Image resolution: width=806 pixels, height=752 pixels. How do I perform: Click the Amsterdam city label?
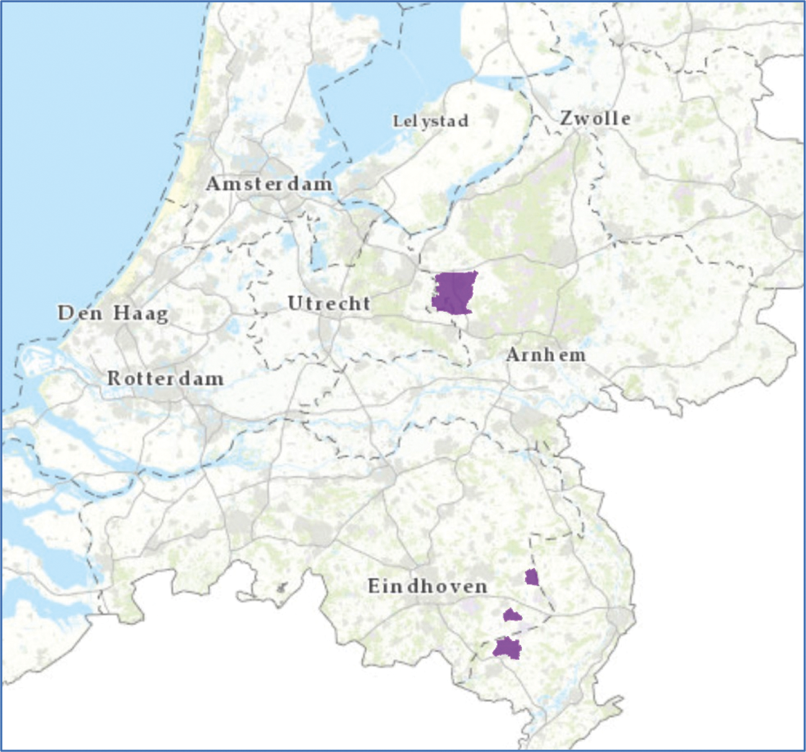(x=269, y=184)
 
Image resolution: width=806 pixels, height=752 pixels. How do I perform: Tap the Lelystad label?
(x=430, y=121)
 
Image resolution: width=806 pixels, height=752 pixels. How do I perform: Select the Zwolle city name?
(x=595, y=119)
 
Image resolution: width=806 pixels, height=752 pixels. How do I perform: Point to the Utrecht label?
(x=329, y=303)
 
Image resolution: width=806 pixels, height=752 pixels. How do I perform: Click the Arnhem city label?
(x=545, y=355)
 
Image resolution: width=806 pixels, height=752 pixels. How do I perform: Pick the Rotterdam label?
(x=165, y=378)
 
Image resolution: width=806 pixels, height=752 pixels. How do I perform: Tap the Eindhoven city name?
(x=427, y=586)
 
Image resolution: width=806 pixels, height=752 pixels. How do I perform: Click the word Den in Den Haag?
(x=80, y=313)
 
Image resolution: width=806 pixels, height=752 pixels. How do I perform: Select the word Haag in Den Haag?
(x=141, y=313)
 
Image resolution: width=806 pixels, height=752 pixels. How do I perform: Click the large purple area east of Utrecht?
(x=454, y=293)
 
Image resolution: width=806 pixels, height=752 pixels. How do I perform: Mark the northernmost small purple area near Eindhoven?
(x=532, y=577)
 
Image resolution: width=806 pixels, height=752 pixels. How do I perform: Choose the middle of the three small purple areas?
(x=512, y=615)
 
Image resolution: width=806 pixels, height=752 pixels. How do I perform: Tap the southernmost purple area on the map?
(x=507, y=648)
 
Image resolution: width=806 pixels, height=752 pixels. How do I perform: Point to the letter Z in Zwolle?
(x=566, y=119)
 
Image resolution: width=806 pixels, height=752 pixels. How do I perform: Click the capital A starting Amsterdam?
(x=213, y=184)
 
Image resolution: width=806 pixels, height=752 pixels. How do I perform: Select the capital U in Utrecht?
(x=295, y=303)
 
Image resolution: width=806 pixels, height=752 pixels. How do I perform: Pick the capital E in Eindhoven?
(x=374, y=586)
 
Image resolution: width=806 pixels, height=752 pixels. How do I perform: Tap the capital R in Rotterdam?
(x=114, y=378)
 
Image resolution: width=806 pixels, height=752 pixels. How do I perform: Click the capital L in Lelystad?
(x=397, y=121)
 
